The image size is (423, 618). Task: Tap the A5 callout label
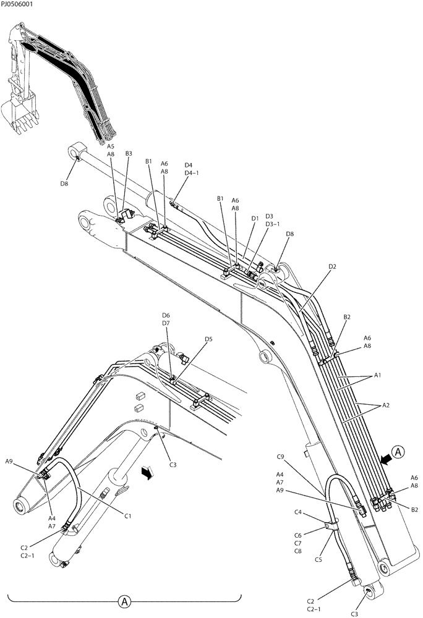(110, 146)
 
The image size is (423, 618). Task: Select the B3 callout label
(129, 153)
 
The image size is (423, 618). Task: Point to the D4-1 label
(190, 173)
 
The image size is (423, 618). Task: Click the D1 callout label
(254, 218)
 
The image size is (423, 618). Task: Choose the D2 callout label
(332, 266)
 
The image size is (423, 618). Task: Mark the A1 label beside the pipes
(377, 375)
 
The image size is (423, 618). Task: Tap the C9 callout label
(280, 457)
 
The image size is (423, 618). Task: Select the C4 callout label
(298, 512)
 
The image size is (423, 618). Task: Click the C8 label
(297, 551)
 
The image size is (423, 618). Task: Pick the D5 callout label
(208, 339)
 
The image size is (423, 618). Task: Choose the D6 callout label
(166, 315)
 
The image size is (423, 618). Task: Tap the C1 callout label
(129, 515)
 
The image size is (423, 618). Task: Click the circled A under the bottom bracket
(124, 601)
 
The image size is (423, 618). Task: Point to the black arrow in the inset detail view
(148, 473)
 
